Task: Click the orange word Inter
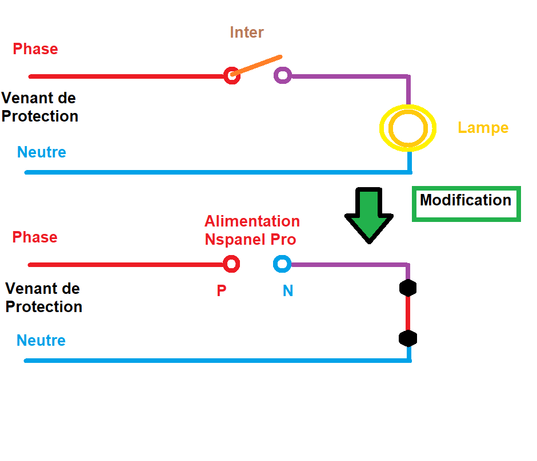247,33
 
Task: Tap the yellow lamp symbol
408,128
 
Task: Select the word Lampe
483,128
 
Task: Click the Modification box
466,203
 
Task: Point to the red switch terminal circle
231,75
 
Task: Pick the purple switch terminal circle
282,75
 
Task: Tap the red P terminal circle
231,264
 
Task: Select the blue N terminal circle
282,264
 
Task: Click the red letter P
222,291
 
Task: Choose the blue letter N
288,291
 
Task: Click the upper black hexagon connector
408,288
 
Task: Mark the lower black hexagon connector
408,338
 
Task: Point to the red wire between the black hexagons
408,313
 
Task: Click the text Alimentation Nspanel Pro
252,230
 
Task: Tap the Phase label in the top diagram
35,49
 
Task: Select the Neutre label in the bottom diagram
41,341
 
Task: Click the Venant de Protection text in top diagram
39,107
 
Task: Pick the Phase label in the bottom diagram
35,237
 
